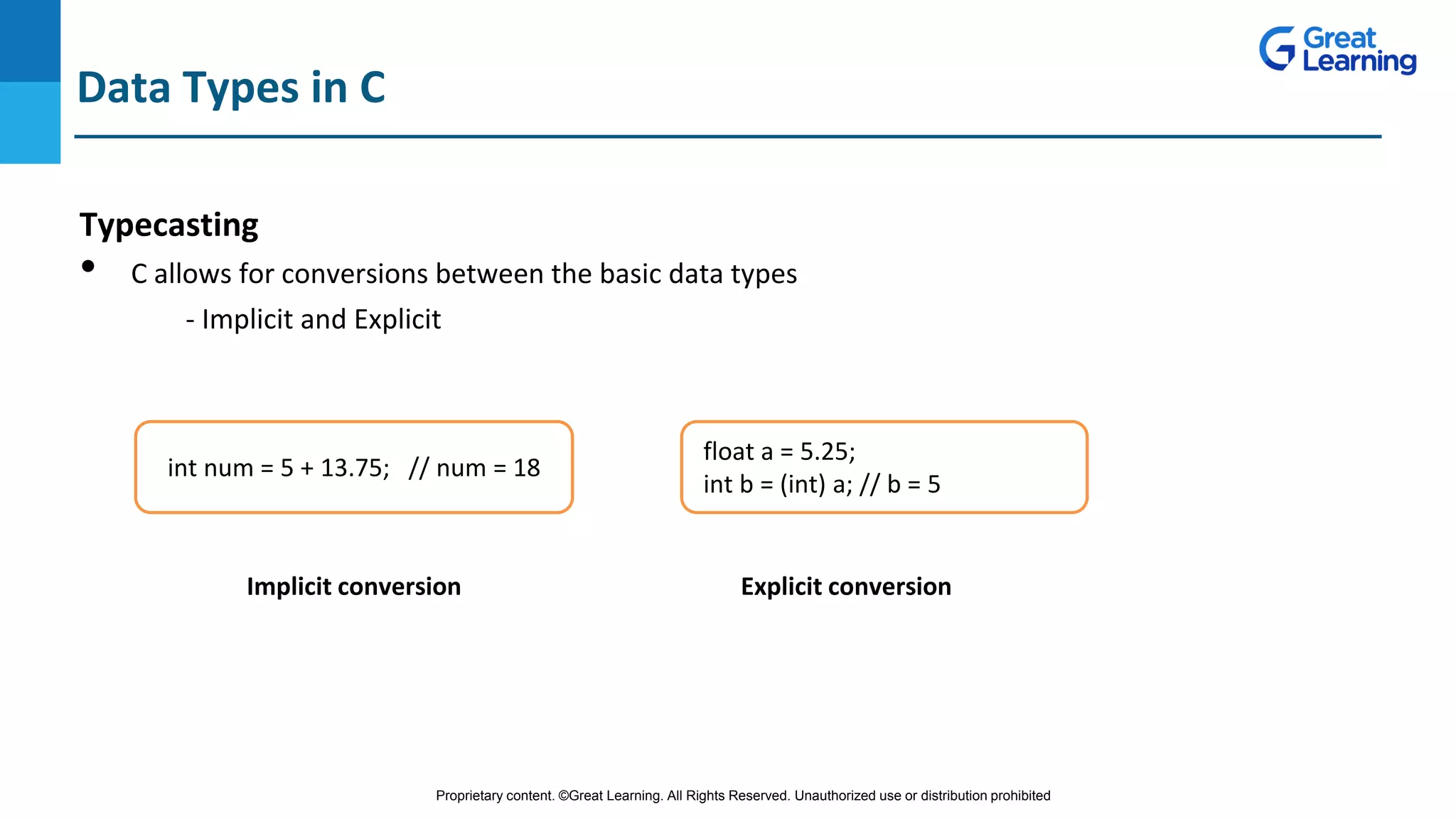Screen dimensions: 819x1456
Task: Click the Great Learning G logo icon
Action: point(1278,49)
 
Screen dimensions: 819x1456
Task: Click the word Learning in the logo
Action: point(1359,62)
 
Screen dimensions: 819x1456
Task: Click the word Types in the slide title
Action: point(240,88)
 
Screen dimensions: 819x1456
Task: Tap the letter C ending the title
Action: point(372,87)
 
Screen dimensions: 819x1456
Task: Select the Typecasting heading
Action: point(168,225)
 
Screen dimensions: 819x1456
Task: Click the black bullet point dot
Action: point(88,267)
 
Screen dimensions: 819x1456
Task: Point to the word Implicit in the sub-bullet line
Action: point(247,319)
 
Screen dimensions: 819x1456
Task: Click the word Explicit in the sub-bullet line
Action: point(397,319)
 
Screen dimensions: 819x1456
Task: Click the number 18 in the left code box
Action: point(527,468)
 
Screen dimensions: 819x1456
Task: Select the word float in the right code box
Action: point(728,451)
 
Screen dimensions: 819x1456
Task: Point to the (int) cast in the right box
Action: point(803,484)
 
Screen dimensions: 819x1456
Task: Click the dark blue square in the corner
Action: point(30,41)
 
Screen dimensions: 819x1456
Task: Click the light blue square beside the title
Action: point(30,122)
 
